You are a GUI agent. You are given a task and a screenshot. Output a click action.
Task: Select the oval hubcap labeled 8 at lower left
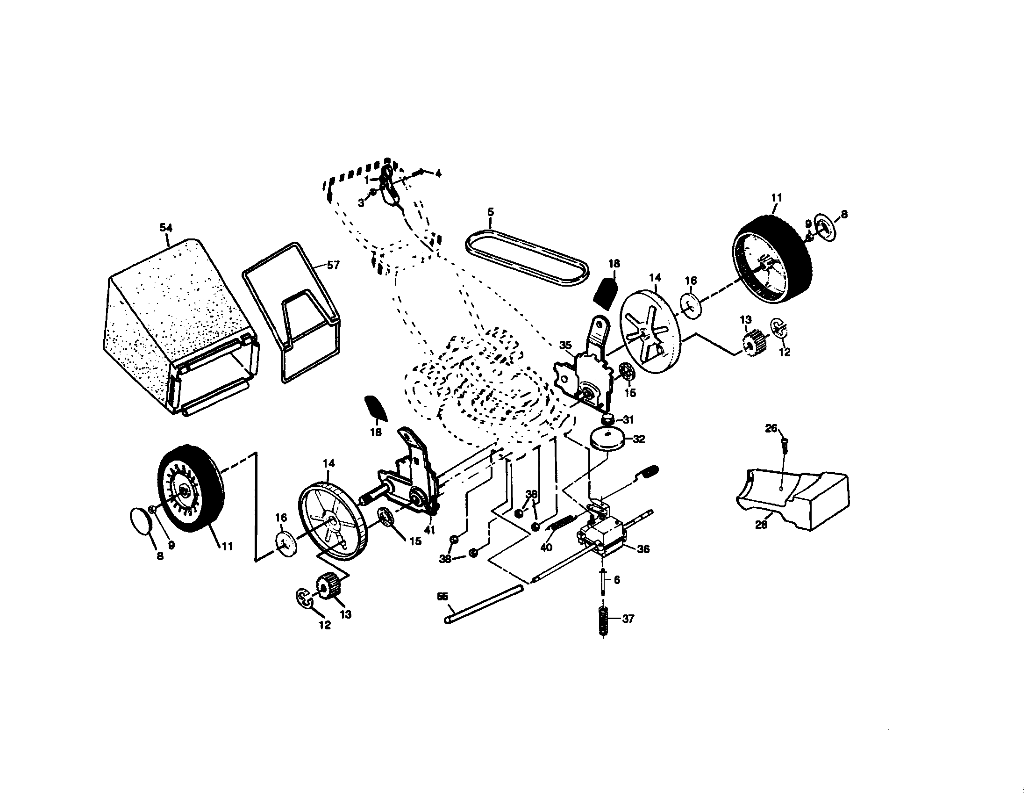pos(141,520)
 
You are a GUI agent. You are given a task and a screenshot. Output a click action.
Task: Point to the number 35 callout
pos(565,345)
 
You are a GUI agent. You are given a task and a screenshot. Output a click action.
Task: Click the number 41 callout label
pos(429,529)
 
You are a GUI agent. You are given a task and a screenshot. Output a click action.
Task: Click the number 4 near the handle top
pos(438,174)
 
